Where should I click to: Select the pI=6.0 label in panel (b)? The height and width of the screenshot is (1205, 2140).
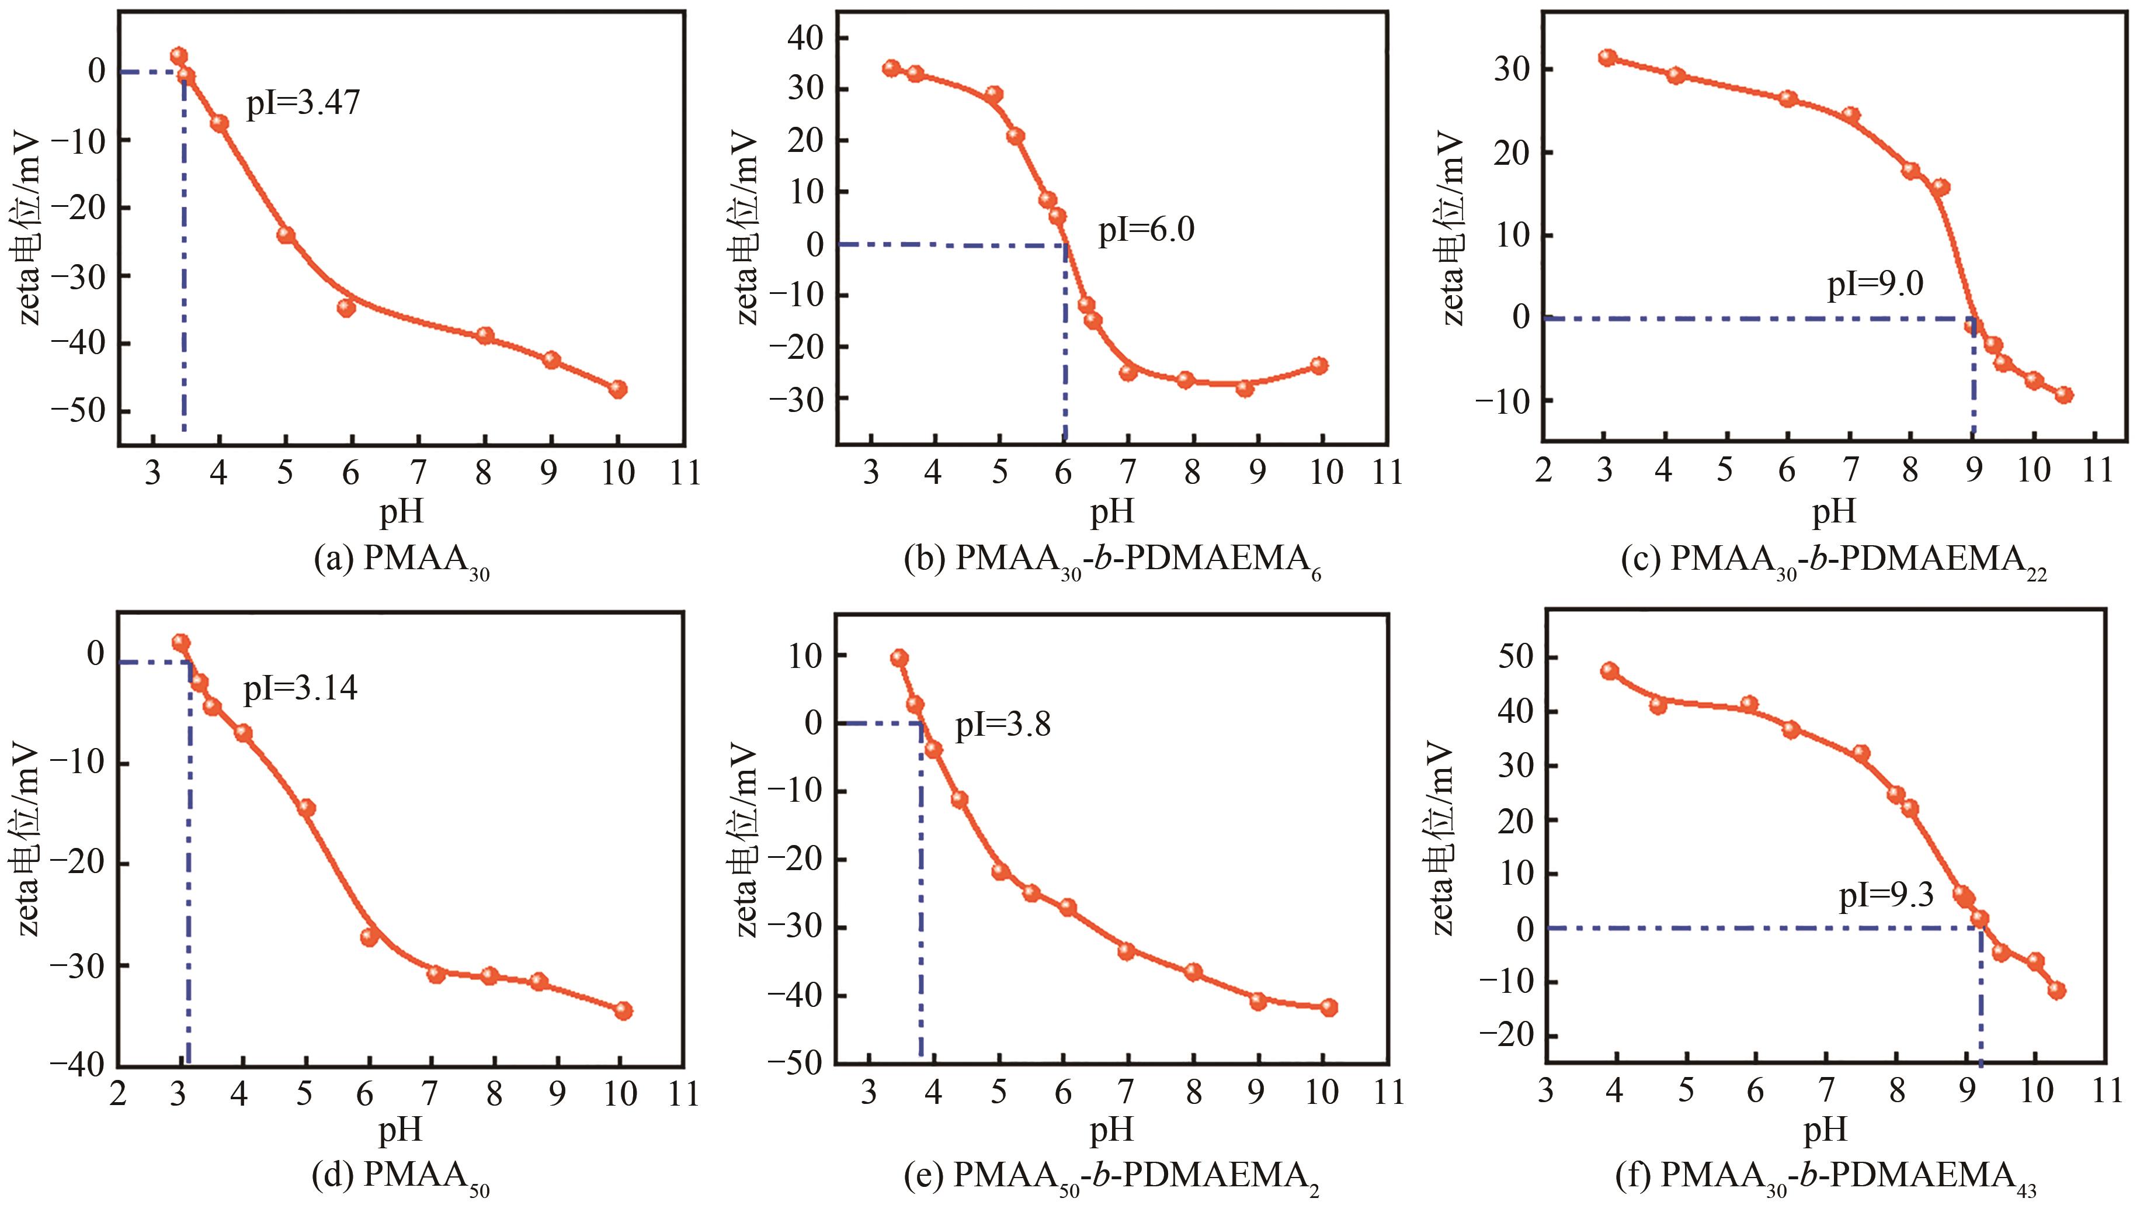pyautogui.click(x=1147, y=228)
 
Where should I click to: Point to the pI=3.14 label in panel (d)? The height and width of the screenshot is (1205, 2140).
pyautogui.click(x=300, y=689)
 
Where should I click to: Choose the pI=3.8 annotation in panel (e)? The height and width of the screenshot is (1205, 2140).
pyautogui.click(x=1003, y=725)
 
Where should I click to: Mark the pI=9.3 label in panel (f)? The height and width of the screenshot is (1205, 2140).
pyautogui.click(x=1886, y=896)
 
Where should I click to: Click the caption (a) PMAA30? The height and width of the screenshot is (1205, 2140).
pyautogui.click(x=401, y=562)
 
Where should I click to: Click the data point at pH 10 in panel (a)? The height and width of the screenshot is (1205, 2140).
pyautogui.click(x=617, y=389)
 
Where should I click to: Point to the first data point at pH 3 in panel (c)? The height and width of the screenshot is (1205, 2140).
pyautogui.click(x=1607, y=57)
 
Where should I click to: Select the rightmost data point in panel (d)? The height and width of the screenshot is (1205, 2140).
pyautogui.click(x=623, y=1010)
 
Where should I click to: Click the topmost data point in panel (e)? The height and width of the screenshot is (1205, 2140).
pyautogui.click(x=899, y=658)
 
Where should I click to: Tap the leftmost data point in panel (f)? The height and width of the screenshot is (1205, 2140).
pyautogui.click(x=1609, y=671)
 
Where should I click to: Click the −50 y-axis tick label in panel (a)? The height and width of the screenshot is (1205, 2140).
pyautogui.click(x=83, y=412)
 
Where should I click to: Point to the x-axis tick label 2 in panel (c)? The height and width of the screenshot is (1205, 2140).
pyautogui.click(x=1544, y=470)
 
